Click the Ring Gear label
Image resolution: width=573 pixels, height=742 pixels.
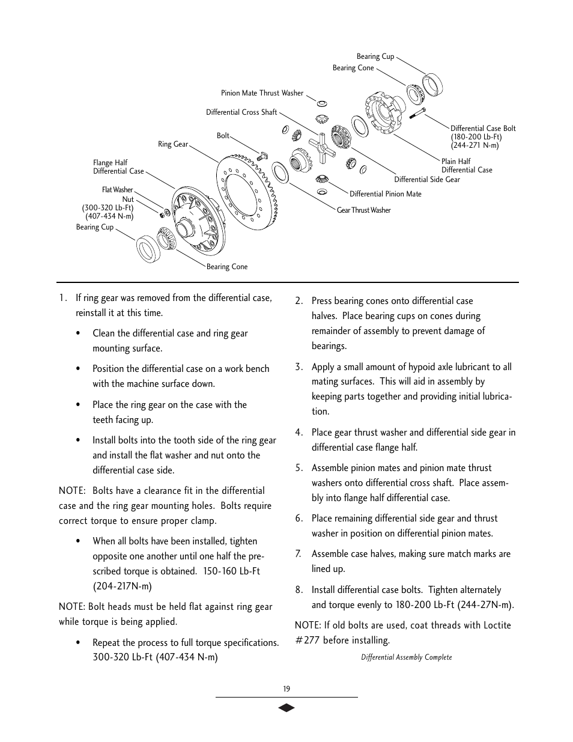click(x=173, y=144)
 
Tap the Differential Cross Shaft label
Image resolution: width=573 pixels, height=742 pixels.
click(x=241, y=112)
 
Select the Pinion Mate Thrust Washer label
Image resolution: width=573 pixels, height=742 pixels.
click(x=262, y=93)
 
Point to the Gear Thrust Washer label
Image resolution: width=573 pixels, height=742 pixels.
click(x=363, y=210)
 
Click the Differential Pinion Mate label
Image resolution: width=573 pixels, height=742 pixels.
click(x=385, y=194)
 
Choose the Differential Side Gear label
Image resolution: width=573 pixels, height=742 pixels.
click(x=426, y=180)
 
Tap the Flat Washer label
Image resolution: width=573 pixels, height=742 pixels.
click(x=117, y=190)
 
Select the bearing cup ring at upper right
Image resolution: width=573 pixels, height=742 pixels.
click(x=431, y=85)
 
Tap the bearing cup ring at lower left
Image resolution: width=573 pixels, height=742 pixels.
click(x=147, y=249)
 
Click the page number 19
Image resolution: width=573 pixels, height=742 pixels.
click(x=286, y=689)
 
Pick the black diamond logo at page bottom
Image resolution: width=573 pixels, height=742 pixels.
click(x=286, y=708)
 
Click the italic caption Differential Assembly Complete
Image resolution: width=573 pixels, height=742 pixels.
click(x=406, y=657)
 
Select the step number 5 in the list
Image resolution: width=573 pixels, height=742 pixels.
click(x=299, y=468)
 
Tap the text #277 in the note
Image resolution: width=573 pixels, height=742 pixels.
click(x=307, y=640)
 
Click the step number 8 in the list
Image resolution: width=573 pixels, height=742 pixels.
click(x=299, y=590)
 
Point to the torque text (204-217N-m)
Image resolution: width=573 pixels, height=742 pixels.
click(x=122, y=586)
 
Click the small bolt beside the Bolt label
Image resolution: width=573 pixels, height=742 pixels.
click(x=261, y=156)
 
